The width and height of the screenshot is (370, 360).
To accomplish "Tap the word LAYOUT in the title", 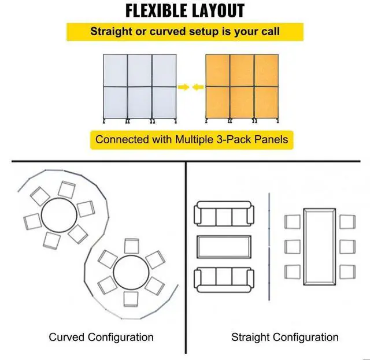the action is click(x=217, y=10).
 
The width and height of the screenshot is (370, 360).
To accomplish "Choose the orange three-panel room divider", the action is click(x=242, y=88).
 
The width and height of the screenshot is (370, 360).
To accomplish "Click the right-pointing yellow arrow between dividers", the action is click(x=183, y=87).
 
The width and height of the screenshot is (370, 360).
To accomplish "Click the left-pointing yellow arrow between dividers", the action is click(x=198, y=87).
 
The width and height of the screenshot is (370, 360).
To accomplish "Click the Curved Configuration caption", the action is click(x=101, y=337).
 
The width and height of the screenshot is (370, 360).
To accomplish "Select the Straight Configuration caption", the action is click(x=285, y=337).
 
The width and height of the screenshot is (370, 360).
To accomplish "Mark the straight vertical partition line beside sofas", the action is click(x=270, y=247).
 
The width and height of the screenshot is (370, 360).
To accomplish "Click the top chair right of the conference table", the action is click(x=347, y=221).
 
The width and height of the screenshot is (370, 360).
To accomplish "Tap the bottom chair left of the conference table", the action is click(x=293, y=271).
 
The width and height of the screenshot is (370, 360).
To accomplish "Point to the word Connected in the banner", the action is click(x=121, y=139).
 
